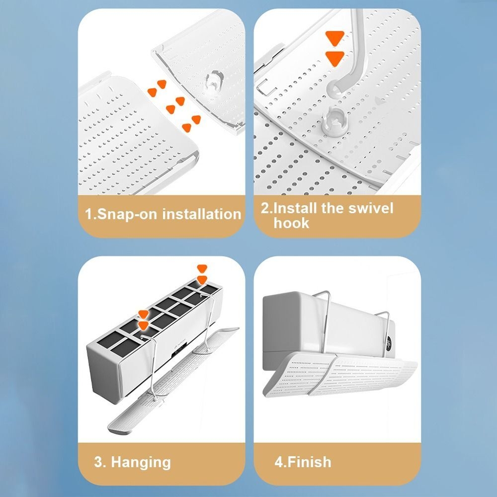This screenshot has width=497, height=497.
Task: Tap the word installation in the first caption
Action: click(x=202, y=214)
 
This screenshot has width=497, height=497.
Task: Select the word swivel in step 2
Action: click(x=371, y=208)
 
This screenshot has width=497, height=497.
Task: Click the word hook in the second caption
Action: click(x=291, y=223)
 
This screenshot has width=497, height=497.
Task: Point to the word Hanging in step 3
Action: click(x=141, y=463)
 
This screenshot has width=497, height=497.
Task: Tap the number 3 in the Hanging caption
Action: click(x=98, y=462)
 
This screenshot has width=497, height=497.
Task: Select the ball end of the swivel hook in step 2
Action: click(x=335, y=87)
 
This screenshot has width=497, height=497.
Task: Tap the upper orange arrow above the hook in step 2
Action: click(x=334, y=38)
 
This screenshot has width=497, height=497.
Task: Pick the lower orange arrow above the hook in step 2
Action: click(x=334, y=59)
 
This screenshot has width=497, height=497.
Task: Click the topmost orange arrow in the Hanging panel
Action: click(x=202, y=268)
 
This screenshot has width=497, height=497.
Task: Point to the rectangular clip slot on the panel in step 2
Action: click(x=265, y=87)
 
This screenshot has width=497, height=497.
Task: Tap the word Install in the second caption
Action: click(x=295, y=208)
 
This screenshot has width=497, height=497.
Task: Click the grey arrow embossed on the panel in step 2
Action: click(x=380, y=101)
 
